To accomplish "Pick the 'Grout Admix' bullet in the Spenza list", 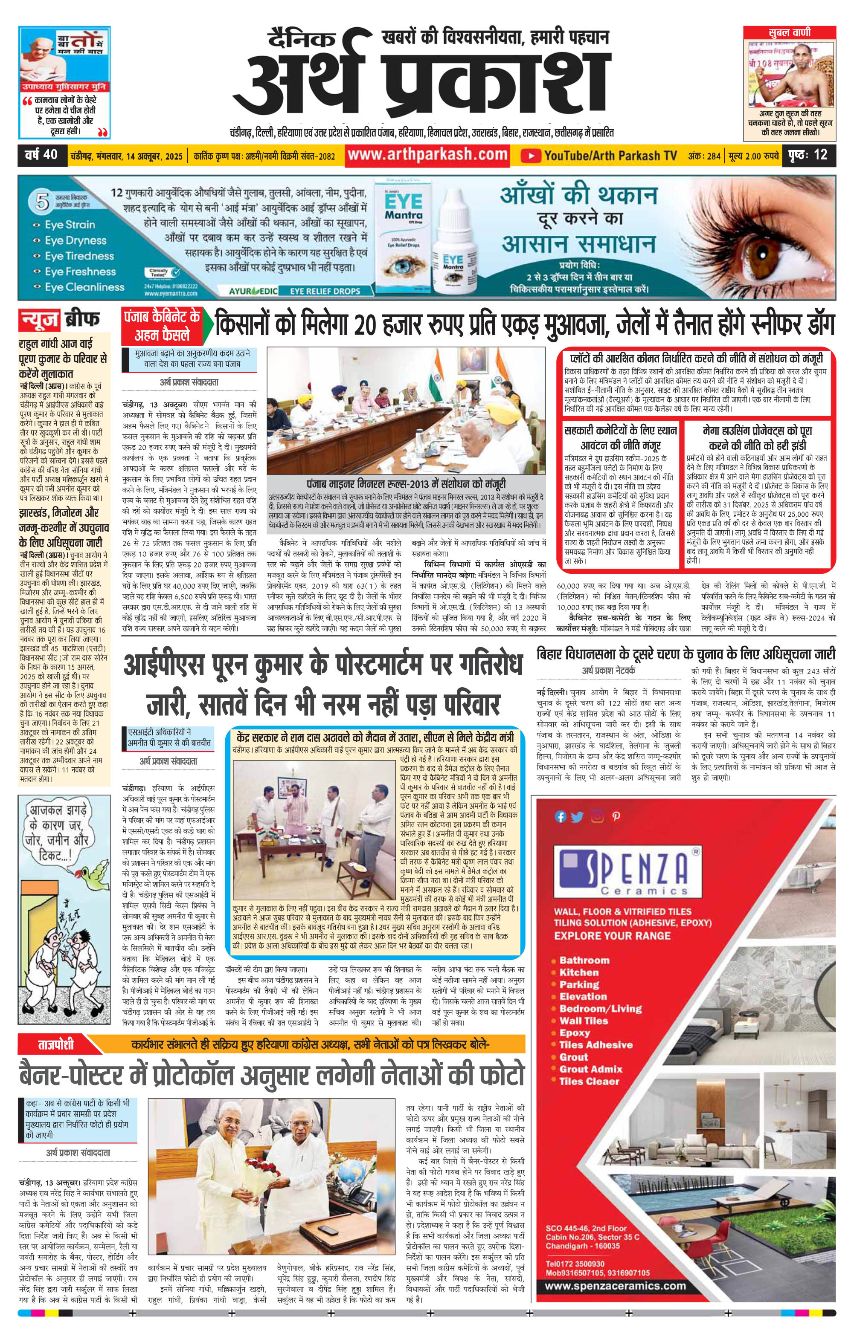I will pyautogui.click(x=590, y=1068).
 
